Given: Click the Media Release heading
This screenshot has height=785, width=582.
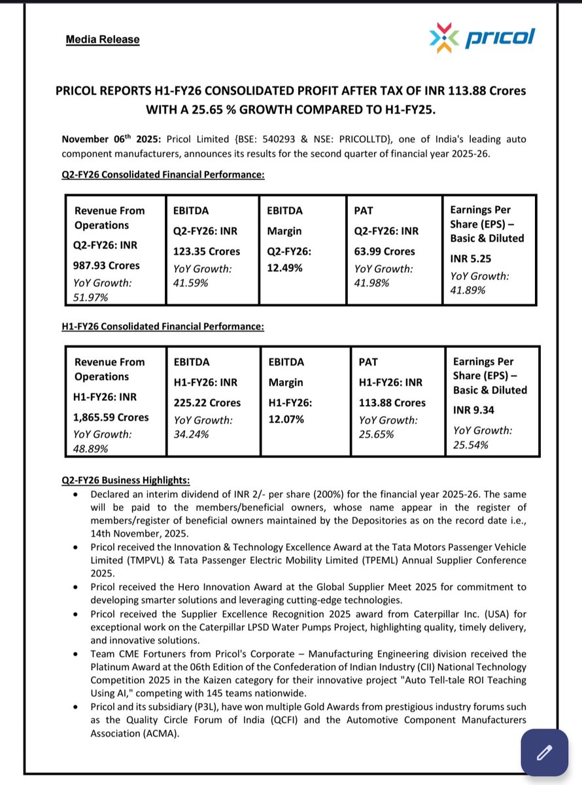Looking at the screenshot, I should (x=103, y=39).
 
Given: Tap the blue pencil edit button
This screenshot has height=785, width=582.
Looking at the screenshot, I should (x=544, y=753).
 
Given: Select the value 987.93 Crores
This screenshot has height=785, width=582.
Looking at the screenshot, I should (x=107, y=266).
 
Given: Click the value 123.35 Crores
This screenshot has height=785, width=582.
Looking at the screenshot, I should (x=206, y=251).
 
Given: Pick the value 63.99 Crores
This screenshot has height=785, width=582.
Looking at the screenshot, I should (x=385, y=251).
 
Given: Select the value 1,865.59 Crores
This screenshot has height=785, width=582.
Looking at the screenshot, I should (x=111, y=417).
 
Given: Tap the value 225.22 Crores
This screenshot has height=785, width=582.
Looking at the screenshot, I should (x=207, y=403).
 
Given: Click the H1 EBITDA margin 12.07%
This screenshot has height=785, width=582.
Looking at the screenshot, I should (x=286, y=419).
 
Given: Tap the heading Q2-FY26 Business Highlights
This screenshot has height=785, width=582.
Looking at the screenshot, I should (x=126, y=480).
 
